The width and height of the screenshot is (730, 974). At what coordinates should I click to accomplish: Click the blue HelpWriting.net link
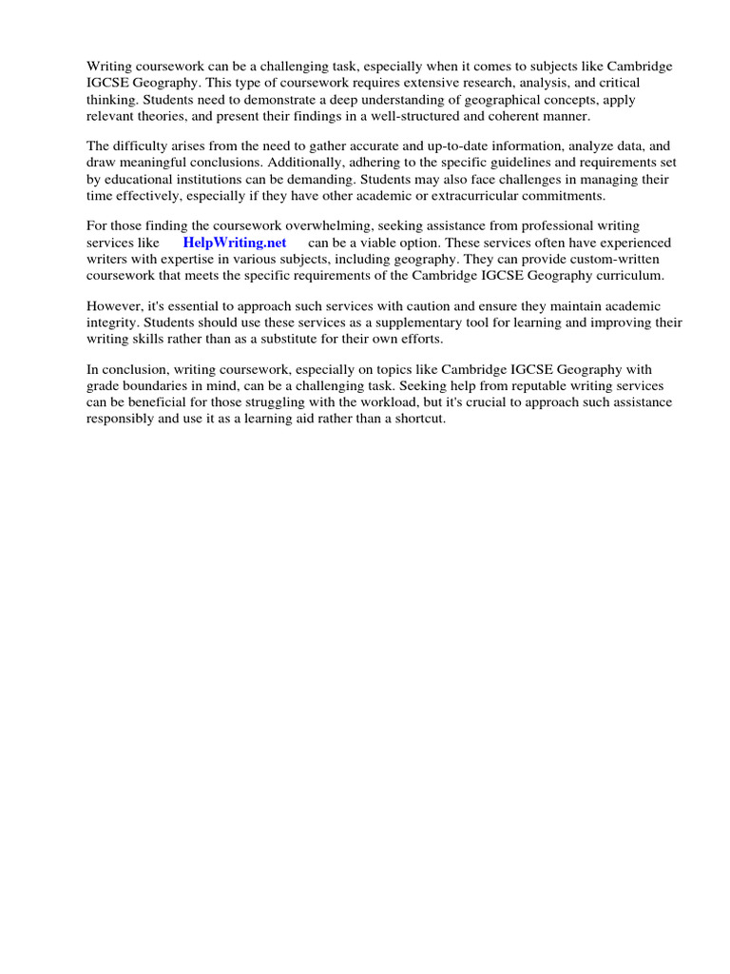coord(235,243)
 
